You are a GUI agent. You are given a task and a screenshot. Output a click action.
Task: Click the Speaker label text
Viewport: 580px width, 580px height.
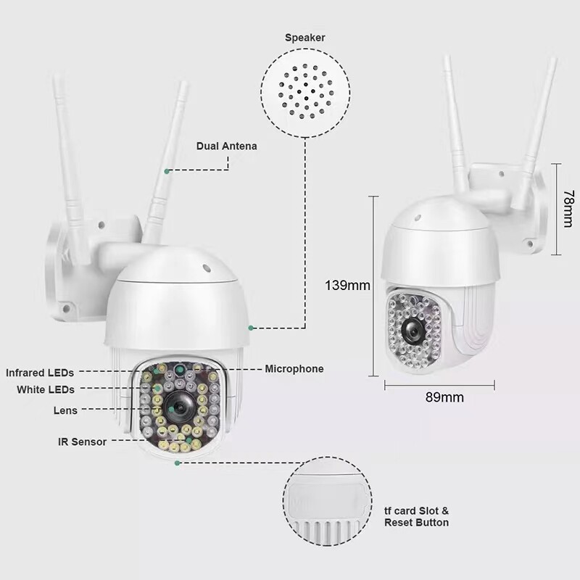click(x=304, y=38)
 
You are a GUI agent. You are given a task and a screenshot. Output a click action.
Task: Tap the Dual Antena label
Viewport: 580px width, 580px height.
click(x=226, y=146)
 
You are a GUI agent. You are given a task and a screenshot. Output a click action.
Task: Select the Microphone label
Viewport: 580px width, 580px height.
click(x=294, y=369)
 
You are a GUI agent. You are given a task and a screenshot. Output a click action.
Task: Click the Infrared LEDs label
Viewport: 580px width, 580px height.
click(x=40, y=373)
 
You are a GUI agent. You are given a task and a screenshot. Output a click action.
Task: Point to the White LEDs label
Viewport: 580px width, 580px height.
click(x=46, y=389)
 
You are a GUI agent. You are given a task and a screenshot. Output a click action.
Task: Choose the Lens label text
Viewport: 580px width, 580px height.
click(x=65, y=410)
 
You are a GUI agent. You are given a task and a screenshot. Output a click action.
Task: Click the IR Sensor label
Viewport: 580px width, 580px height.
click(x=82, y=442)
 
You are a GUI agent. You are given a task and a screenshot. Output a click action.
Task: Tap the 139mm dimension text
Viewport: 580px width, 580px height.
click(x=347, y=285)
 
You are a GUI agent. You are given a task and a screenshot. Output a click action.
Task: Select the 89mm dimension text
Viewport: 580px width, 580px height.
click(x=444, y=397)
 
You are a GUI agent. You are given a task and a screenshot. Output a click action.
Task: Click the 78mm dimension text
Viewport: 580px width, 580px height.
click(x=569, y=209)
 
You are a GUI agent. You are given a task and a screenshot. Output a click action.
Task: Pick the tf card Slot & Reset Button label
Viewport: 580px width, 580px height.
click(x=416, y=517)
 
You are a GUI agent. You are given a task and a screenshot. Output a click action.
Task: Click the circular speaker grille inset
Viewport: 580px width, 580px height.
click(x=305, y=93)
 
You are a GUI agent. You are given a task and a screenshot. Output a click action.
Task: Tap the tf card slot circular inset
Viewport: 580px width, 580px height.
click(x=328, y=502)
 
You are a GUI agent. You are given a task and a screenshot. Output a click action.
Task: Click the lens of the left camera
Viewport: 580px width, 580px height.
click(x=179, y=407)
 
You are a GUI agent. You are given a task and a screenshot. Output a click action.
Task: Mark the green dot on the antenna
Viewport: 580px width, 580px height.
click(x=167, y=171)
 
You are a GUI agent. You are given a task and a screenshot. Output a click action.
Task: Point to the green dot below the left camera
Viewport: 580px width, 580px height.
click(x=177, y=463)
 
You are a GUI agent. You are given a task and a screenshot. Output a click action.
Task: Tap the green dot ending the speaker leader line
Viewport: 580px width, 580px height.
click(x=251, y=328)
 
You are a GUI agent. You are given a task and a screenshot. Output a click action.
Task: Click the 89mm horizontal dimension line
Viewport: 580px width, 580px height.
click(x=439, y=386)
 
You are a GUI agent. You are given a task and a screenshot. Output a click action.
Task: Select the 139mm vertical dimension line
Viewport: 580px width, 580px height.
click(x=373, y=286)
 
